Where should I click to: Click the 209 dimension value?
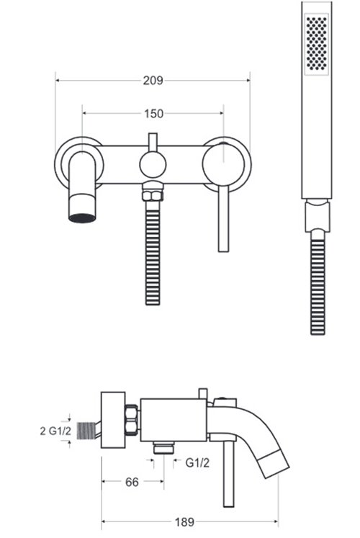click(x=153, y=81)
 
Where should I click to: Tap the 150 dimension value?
click(x=153, y=114)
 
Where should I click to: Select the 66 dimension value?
click(x=132, y=482)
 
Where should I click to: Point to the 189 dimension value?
click(x=184, y=522)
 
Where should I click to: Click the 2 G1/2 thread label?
click(x=55, y=431)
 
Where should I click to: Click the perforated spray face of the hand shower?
click(x=317, y=43)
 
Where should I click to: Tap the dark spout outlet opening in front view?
click(x=82, y=218)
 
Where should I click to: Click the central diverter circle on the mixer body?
click(x=153, y=164)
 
